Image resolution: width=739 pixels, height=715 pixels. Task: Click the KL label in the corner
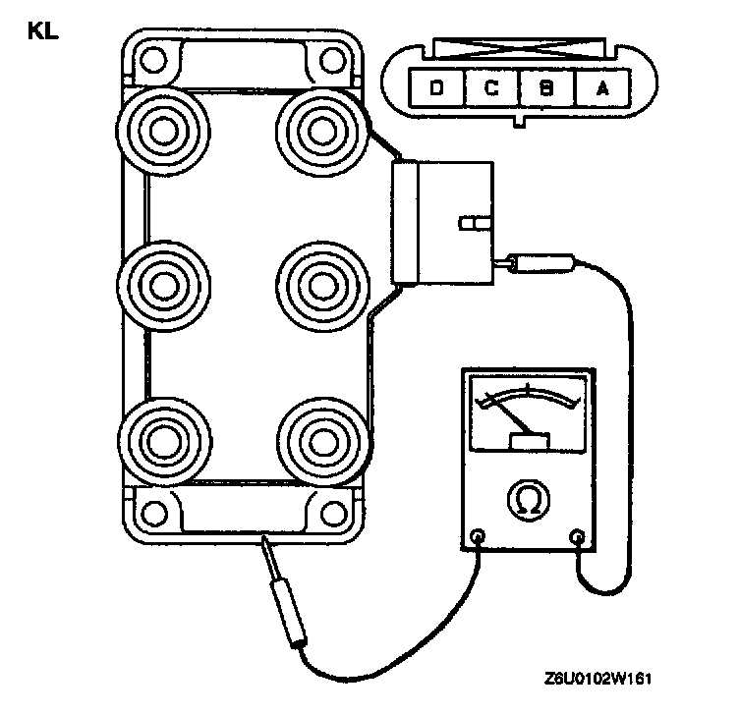pyautogui.click(x=44, y=31)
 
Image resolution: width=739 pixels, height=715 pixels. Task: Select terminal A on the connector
pyautogui.click(x=600, y=90)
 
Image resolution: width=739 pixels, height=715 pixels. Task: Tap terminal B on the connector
pyautogui.click(x=545, y=90)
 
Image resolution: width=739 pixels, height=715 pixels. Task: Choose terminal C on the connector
pyautogui.click(x=490, y=90)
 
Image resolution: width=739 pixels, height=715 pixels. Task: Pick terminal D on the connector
pyautogui.click(x=436, y=90)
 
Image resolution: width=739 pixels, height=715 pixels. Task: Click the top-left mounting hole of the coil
pyautogui.click(x=149, y=58)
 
